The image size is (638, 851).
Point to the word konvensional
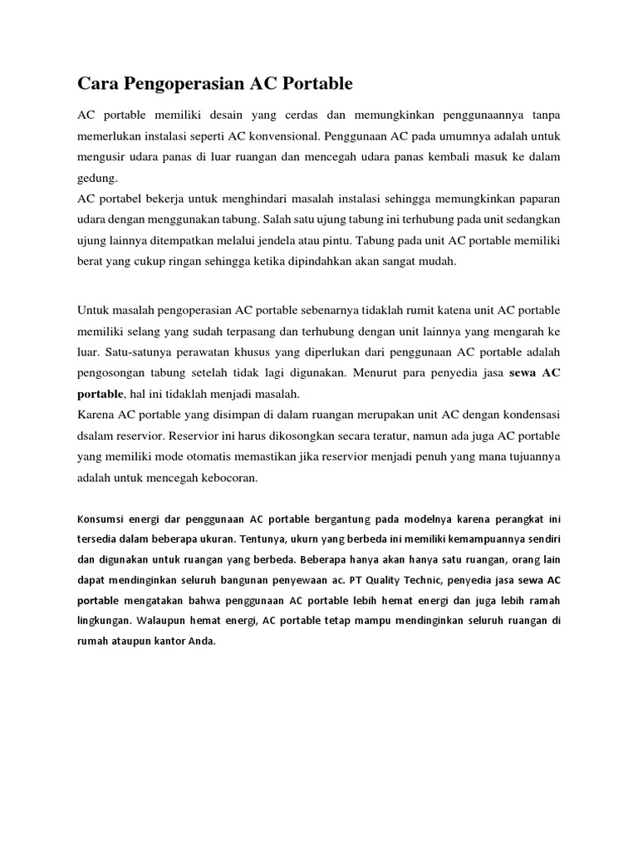[x=284, y=134]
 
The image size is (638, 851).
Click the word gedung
[x=98, y=177]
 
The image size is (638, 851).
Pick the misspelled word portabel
[x=126, y=199]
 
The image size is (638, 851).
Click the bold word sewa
[x=520, y=375]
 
